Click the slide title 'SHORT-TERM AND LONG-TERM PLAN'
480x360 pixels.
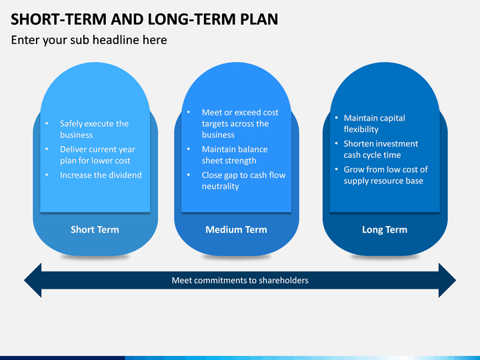click(144, 19)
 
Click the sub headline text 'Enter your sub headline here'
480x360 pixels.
click(89, 40)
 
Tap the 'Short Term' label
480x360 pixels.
click(95, 229)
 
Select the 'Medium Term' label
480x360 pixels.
click(236, 229)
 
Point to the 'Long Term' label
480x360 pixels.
click(385, 229)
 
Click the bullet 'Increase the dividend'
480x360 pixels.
click(101, 175)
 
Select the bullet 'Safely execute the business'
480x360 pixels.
click(94, 129)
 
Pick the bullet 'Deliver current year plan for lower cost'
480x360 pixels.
click(97, 155)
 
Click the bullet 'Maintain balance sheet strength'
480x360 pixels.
click(235, 155)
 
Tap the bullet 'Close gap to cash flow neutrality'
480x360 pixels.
click(244, 181)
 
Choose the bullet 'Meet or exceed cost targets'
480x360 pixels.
click(240, 124)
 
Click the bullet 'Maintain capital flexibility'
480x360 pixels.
click(375, 124)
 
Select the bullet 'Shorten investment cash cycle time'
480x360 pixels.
click(381, 149)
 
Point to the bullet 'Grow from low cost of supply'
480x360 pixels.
click(386, 175)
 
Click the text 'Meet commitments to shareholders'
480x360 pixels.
click(240, 281)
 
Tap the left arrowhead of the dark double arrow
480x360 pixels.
click(33, 280)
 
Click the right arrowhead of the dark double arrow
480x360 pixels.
click(447, 280)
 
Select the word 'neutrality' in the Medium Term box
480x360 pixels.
click(221, 187)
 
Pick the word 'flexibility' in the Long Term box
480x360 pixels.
click(361, 129)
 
